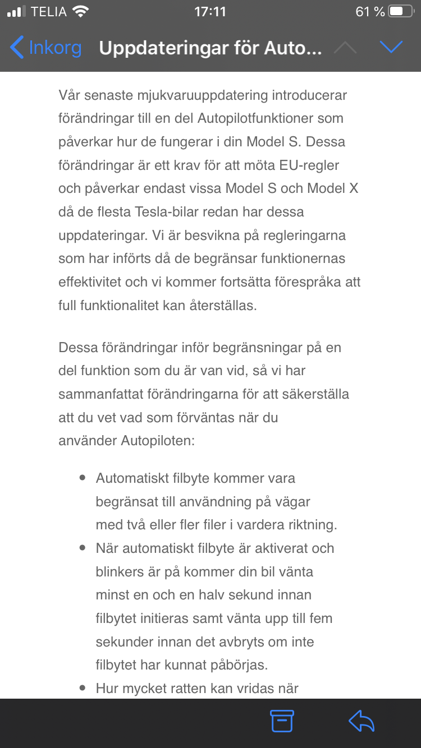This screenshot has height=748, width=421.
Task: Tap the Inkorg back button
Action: (x=46, y=48)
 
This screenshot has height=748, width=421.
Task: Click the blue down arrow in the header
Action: (x=391, y=48)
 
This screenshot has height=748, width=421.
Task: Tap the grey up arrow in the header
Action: (x=345, y=48)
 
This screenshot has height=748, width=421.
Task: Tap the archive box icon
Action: (x=282, y=721)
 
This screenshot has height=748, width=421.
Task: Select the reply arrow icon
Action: (x=361, y=721)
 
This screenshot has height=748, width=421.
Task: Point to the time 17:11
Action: (x=210, y=12)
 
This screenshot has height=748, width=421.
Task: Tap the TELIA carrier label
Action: (x=49, y=12)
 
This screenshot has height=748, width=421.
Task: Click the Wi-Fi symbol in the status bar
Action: (x=81, y=12)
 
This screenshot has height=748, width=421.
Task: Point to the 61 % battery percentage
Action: (x=370, y=12)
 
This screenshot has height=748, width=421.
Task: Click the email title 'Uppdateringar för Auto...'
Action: (x=210, y=48)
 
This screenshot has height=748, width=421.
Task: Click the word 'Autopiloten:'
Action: (x=158, y=440)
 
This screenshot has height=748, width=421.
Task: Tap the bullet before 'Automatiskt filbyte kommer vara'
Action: (x=83, y=478)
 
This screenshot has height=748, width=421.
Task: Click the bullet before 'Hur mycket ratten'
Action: (x=83, y=688)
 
